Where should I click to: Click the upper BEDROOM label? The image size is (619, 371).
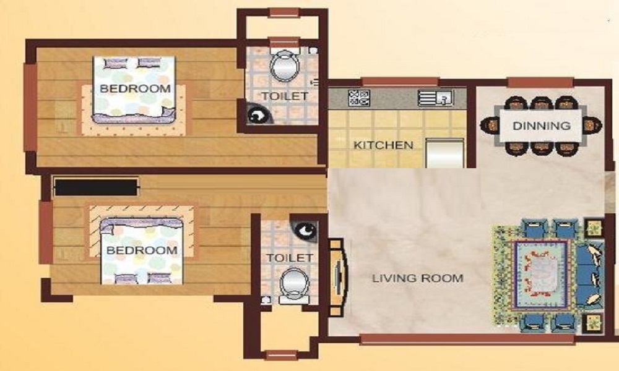(135, 88)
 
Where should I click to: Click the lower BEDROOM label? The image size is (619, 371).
(142, 250)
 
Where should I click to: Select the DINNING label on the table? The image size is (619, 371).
(541, 126)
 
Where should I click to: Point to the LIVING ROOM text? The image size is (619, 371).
(417, 278)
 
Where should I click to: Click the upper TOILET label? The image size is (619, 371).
(284, 96)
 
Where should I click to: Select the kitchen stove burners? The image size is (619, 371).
(359, 97)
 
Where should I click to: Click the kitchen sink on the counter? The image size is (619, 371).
(436, 97)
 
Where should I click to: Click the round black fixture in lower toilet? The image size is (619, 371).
(305, 231)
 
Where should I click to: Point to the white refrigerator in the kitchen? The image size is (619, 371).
(445, 153)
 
